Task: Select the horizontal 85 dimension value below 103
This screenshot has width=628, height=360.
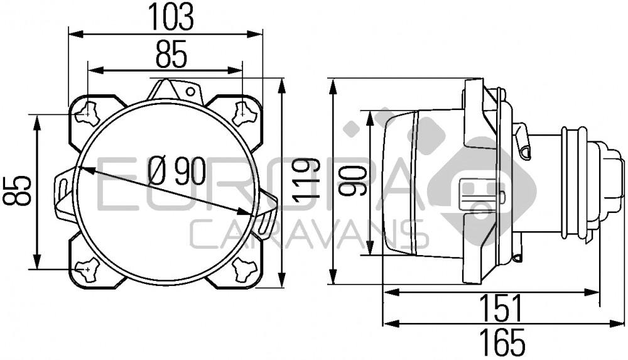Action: click(x=171, y=57)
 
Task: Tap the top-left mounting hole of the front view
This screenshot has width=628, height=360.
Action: click(x=88, y=113)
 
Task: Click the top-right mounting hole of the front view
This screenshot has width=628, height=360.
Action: click(x=243, y=113)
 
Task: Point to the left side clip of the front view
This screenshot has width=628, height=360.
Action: click(x=63, y=192)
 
